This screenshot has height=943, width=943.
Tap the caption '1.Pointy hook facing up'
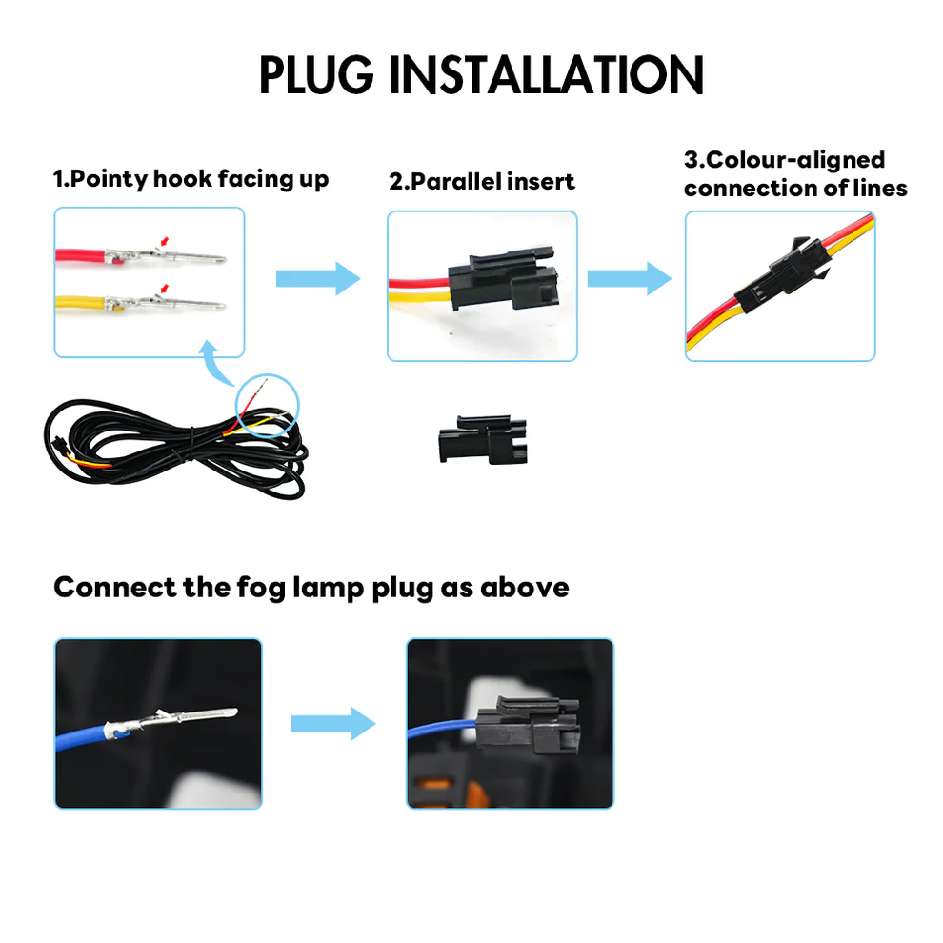[x=191, y=179]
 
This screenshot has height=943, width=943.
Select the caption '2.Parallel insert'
[x=482, y=181]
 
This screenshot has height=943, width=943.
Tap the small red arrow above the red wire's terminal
[x=167, y=242]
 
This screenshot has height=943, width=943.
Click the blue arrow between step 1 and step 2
[x=318, y=278]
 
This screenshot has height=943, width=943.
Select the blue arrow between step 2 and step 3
[x=629, y=278]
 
